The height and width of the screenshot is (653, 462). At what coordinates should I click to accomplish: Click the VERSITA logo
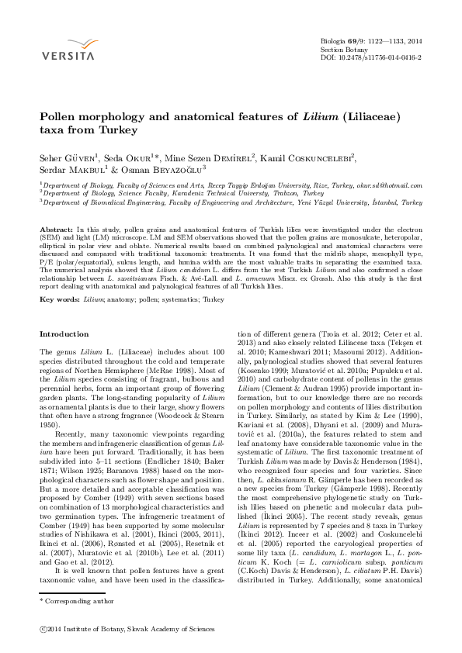68,50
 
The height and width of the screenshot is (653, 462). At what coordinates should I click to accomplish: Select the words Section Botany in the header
343,48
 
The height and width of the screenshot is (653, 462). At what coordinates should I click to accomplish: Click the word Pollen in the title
58,115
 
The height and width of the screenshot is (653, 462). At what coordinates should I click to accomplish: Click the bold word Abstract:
57,230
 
